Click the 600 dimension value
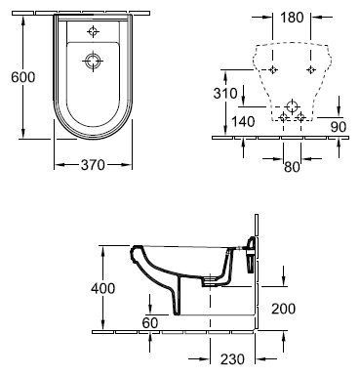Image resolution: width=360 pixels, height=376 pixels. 22,77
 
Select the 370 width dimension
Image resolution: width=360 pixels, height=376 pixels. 93,165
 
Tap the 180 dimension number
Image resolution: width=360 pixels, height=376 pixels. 292,18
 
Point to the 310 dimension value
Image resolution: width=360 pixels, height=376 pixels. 225,94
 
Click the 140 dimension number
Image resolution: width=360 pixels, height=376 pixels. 243,122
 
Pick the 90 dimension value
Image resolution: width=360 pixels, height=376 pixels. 339,127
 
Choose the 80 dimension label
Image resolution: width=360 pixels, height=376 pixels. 292,167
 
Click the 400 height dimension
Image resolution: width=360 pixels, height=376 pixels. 102,288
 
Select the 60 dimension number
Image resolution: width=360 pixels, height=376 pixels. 150,322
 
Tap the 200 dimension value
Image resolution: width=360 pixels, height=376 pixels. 283,309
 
